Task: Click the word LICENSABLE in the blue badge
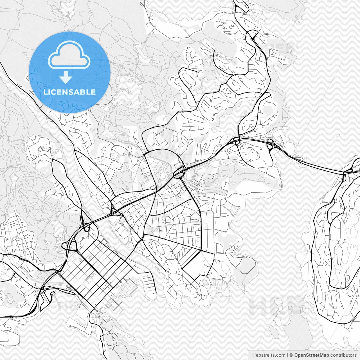[69, 92]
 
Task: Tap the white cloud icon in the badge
[69, 55]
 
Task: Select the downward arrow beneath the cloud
[66, 78]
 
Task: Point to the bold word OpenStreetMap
[312, 355]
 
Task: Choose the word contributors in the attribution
[343, 355]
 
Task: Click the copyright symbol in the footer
[291, 355]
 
